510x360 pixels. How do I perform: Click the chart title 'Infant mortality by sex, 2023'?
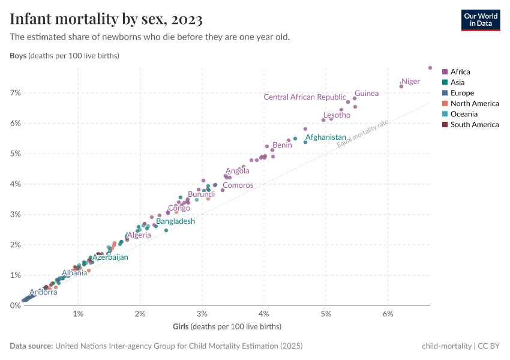[x=106, y=19]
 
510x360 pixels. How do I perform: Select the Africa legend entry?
[x=460, y=72]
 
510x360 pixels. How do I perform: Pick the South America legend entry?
[x=474, y=125]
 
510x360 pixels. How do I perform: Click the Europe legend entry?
[x=462, y=93]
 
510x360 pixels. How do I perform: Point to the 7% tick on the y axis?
[x=14, y=93]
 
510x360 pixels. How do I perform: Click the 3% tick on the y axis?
[x=14, y=214]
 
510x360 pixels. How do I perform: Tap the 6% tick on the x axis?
[x=388, y=314]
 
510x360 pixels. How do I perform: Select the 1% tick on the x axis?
[x=78, y=314]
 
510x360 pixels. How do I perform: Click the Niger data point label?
[x=410, y=82]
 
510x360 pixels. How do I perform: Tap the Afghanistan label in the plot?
[x=326, y=137]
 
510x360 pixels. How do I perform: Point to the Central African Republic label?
[x=305, y=97]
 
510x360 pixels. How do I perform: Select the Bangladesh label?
[x=175, y=221]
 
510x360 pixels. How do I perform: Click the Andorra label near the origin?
[x=43, y=292]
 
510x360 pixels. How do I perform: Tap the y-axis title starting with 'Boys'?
[x=64, y=56]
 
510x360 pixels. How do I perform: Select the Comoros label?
[x=238, y=185]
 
